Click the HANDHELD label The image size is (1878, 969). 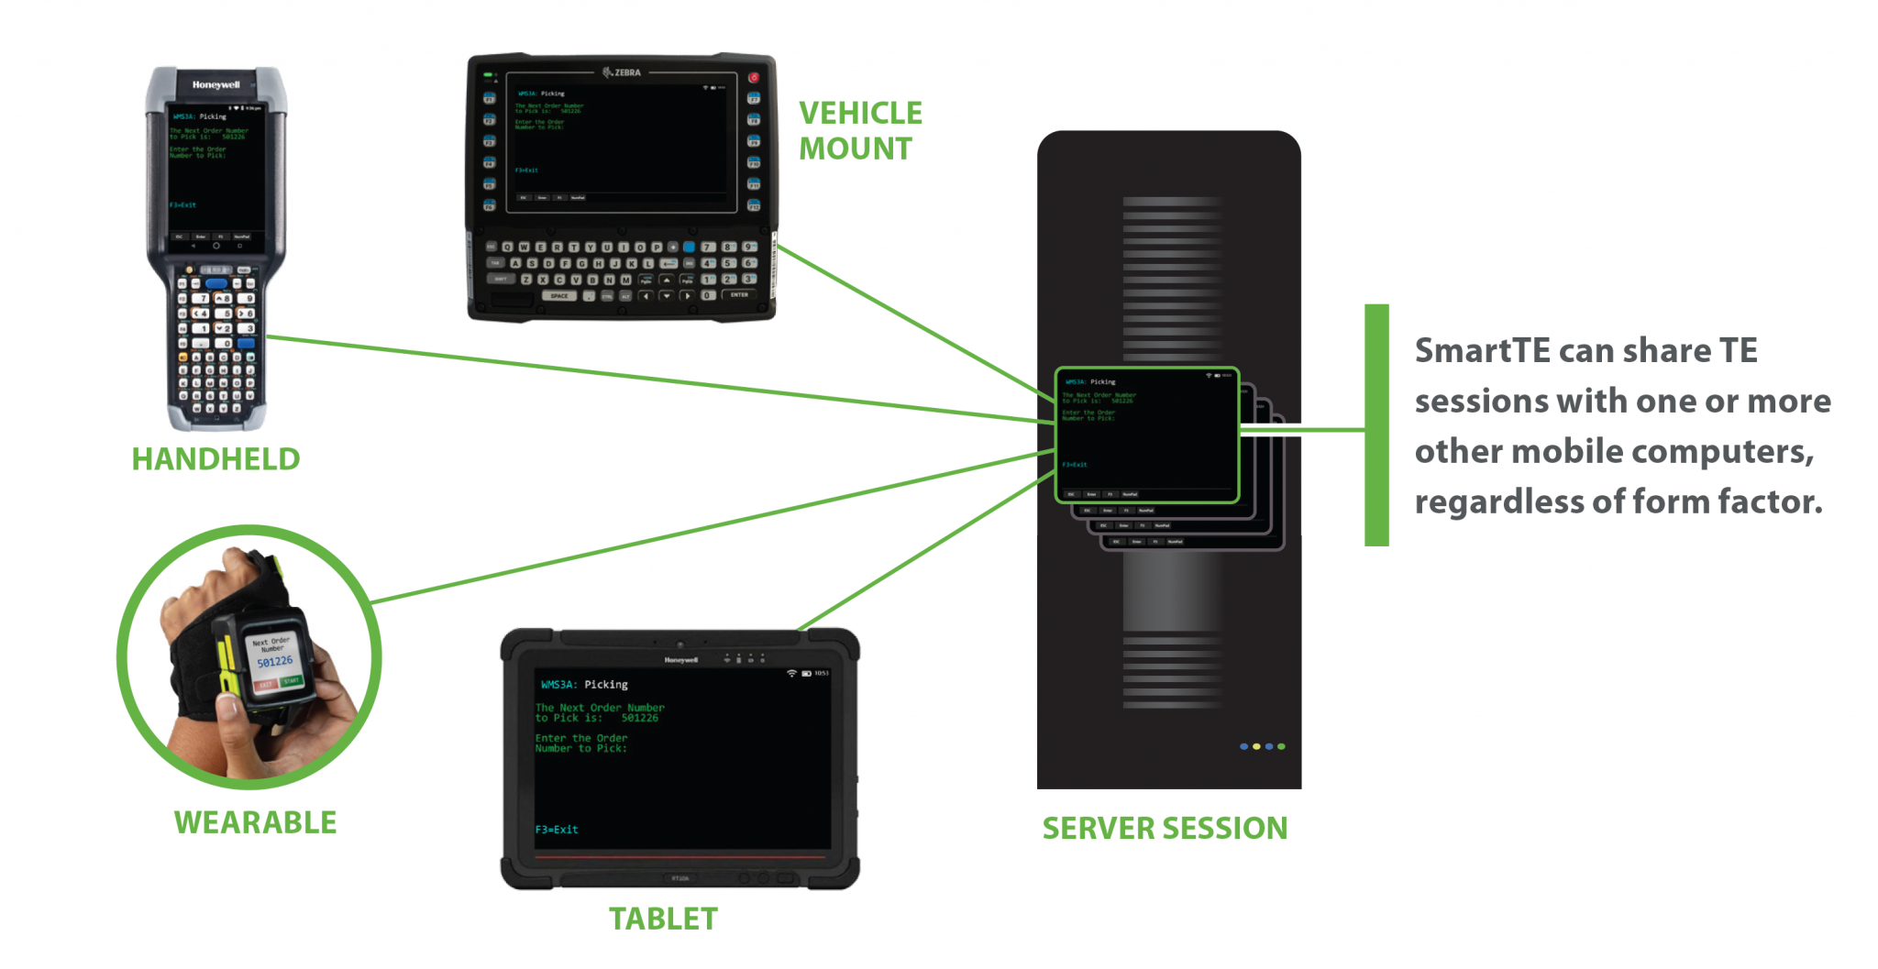pos(215,459)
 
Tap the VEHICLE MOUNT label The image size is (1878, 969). pos(859,131)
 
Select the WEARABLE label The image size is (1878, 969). pos(255,822)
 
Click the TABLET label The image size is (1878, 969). pos(663,919)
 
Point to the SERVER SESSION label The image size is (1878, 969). pos(1165,828)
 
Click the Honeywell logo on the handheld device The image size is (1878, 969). pos(215,85)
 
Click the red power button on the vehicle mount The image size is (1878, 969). pos(754,78)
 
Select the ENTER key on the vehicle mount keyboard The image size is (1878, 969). pos(739,295)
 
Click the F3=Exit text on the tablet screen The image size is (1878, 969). pos(557,830)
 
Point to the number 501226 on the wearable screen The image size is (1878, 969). pos(274,662)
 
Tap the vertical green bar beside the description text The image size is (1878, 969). pos(1376,425)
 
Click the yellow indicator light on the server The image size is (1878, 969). pos(1256,746)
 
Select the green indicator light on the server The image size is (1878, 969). pos(1281,746)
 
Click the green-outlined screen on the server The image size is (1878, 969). pos(1146,435)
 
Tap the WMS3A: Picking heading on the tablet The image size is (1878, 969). pos(584,685)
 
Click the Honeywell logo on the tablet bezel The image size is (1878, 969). pos(680,660)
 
